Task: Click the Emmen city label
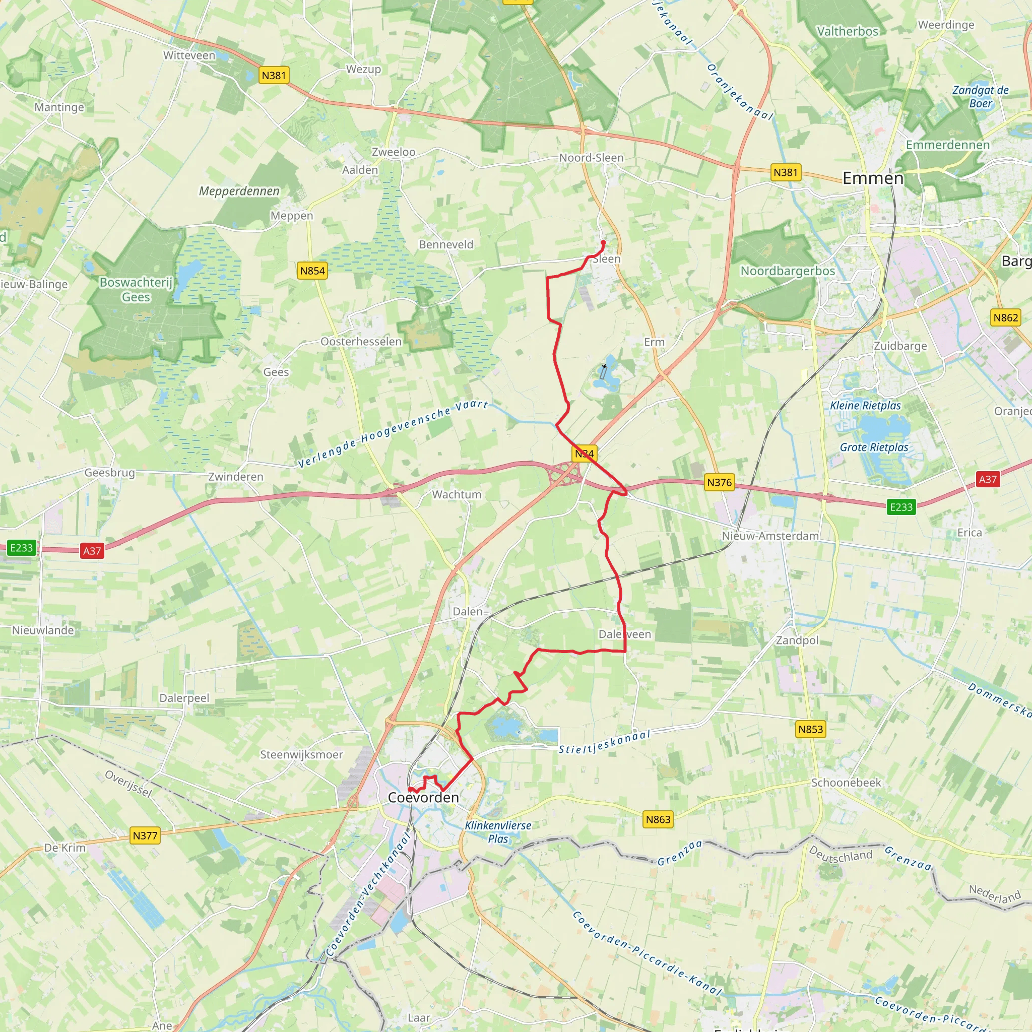[x=873, y=178]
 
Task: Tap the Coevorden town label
[x=423, y=798]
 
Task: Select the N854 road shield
[x=312, y=271]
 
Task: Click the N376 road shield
[x=719, y=482]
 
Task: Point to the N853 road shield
[x=810, y=729]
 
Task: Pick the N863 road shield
[x=658, y=819]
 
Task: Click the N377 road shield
[x=145, y=835]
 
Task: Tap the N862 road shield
[x=1005, y=318]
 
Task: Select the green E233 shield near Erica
[x=901, y=507]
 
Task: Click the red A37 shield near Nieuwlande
[x=92, y=551]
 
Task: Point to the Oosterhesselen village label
[x=361, y=342]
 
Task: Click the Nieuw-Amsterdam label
[x=770, y=536]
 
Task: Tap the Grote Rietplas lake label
[x=874, y=447]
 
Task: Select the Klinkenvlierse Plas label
[x=498, y=831]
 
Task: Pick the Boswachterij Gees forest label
[x=136, y=290]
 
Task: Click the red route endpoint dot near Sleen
[x=603, y=242]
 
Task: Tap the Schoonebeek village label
[x=846, y=783]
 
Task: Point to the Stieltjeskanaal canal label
[x=604, y=742]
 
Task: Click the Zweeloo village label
[x=393, y=152]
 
